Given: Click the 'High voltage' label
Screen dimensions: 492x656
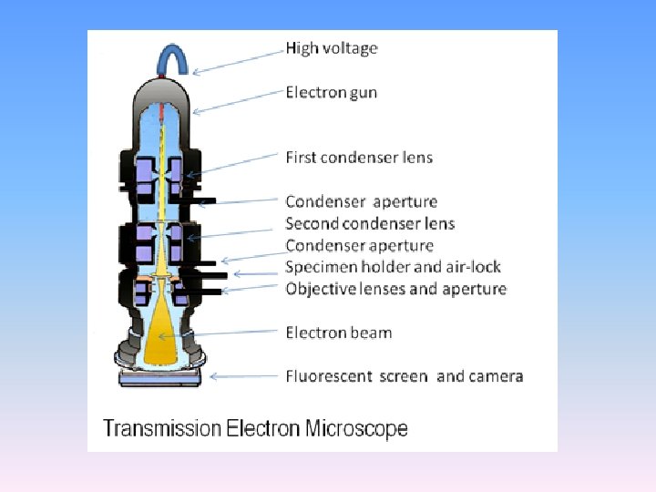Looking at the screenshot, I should (331, 48).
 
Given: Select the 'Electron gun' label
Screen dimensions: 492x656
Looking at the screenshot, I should (331, 93).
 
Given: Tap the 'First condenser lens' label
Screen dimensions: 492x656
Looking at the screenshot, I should (359, 158).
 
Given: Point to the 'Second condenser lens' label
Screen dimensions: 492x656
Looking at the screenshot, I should (370, 224).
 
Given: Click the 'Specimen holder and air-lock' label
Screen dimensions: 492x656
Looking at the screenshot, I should (393, 267).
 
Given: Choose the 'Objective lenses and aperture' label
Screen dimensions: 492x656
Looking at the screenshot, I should (395, 289).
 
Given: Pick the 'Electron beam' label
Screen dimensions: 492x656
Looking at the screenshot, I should (338, 333).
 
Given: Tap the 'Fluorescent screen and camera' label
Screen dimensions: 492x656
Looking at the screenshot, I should (404, 376).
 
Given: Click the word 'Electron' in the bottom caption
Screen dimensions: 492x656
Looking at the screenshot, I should (259, 428).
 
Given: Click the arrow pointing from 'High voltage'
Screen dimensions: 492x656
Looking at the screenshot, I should (238, 60).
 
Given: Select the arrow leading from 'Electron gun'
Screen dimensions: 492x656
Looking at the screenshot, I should (238, 102).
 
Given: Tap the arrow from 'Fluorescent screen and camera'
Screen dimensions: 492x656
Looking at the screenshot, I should (244, 375).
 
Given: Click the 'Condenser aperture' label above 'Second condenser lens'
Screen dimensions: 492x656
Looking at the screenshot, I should (361, 201).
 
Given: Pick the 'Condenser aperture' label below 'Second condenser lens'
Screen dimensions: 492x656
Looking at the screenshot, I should (359, 245).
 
